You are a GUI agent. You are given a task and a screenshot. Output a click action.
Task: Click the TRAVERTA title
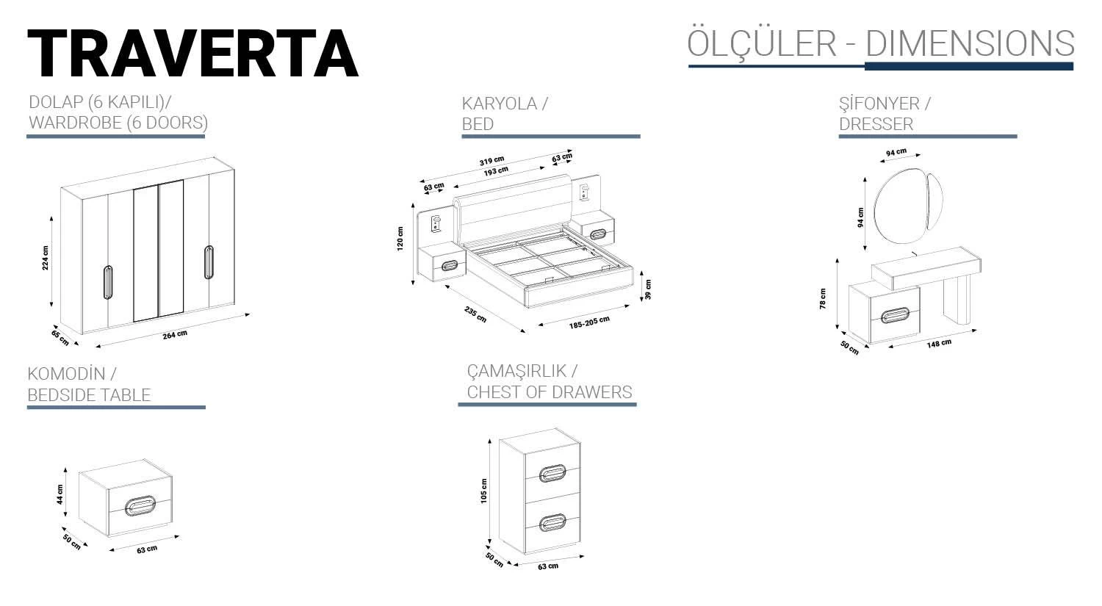(192, 53)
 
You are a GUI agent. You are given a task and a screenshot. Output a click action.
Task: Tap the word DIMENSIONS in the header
(970, 43)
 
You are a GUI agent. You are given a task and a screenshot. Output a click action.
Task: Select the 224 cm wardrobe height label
(46, 258)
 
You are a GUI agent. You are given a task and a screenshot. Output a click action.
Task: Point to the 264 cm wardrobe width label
(175, 334)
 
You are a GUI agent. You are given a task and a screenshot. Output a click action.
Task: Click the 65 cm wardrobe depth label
(60, 337)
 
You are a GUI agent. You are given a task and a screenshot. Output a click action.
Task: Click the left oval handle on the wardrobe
(108, 282)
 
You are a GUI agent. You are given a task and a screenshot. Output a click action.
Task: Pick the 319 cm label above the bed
(491, 160)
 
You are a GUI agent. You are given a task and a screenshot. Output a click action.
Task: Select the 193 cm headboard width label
(495, 170)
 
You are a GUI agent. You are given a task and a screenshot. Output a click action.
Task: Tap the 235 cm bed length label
(475, 314)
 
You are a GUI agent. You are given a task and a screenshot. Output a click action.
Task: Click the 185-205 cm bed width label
(589, 322)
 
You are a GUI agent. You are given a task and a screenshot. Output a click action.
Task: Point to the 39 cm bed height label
(647, 289)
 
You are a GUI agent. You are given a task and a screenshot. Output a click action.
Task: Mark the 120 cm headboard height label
(400, 239)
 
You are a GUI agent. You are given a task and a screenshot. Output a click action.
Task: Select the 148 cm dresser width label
(939, 343)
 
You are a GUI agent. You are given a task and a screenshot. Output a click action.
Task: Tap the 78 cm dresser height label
(823, 298)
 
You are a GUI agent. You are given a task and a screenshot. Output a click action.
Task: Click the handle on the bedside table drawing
(141, 506)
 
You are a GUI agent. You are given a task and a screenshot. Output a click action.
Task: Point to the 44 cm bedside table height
(60, 494)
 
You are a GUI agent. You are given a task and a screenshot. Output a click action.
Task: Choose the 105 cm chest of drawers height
(483, 491)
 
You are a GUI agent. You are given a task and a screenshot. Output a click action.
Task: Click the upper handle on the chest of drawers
(552, 474)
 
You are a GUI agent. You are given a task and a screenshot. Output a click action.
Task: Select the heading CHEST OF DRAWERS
(549, 392)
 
